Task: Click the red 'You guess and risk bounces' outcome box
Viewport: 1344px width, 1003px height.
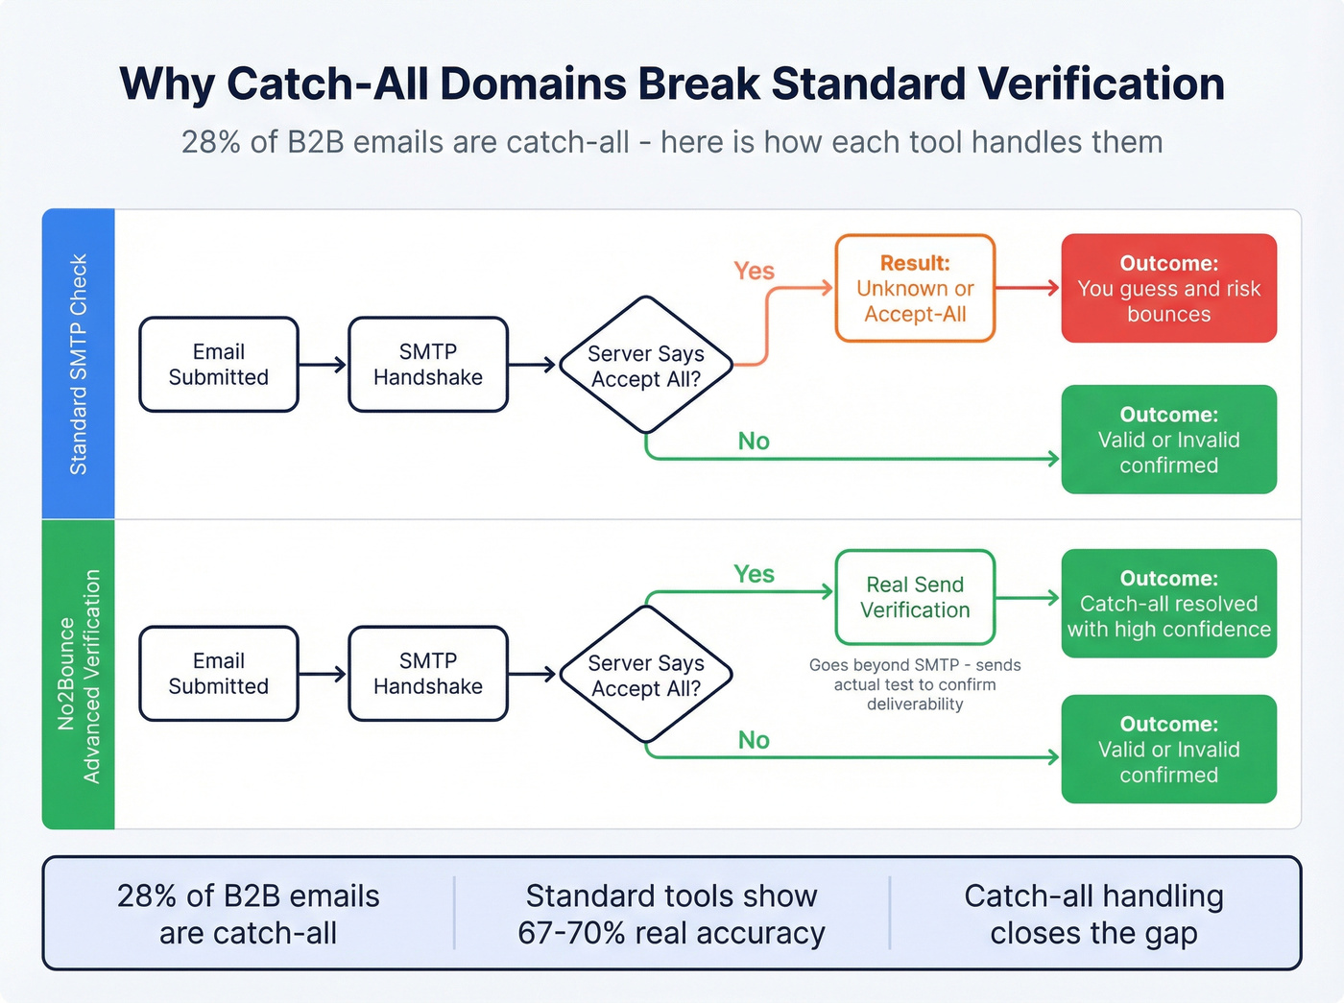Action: [1168, 288]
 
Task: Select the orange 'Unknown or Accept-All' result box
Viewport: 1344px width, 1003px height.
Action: [915, 288]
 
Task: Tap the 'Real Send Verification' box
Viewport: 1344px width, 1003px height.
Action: [915, 597]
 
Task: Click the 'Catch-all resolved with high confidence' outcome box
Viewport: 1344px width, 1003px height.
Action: [1168, 604]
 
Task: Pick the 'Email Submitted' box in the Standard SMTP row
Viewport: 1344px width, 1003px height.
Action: [219, 365]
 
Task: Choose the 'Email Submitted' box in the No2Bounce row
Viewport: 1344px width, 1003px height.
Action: [219, 674]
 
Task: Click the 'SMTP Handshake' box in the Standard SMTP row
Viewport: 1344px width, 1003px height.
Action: [428, 365]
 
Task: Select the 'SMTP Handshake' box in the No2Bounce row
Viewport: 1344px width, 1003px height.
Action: [428, 674]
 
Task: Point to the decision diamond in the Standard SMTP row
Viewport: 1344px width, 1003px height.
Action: [646, 366]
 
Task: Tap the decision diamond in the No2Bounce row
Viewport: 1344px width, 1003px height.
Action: [646, 675]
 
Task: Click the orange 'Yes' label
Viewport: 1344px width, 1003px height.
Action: [754, 272]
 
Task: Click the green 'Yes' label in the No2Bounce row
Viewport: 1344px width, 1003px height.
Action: [754, 574]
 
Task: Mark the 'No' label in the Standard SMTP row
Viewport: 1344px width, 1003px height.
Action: [754, 442]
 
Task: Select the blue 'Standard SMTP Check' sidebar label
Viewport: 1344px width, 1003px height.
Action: [79, 364]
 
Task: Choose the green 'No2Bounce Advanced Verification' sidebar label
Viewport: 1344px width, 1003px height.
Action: [79, 676]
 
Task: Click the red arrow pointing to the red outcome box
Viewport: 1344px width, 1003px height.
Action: [1027, 288]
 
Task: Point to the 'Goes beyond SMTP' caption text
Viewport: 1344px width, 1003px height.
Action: [915, 684]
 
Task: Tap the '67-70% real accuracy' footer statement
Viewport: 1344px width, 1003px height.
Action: [671, 915]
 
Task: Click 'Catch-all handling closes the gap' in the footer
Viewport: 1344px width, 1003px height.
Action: [1093, 915]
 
